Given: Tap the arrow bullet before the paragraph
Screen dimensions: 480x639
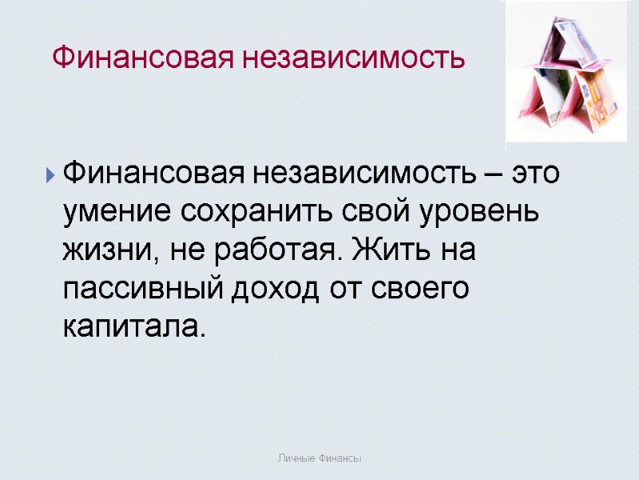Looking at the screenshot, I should coord(51,174).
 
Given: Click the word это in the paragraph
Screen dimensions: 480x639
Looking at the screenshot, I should coord(534,173).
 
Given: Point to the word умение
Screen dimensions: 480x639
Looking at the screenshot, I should coord(119,214).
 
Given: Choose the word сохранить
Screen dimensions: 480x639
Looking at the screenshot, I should coord(251,214).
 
